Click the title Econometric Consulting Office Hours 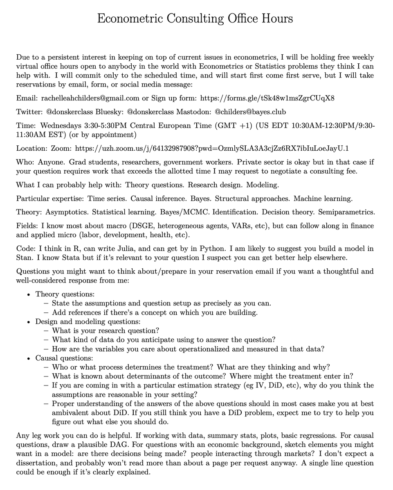click(195, 19)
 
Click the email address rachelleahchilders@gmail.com click(90, 98)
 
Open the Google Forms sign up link click(266, 98)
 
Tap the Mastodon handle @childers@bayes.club click(250, 111)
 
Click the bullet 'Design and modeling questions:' click(82, 321)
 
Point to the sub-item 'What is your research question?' click(106, 330)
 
